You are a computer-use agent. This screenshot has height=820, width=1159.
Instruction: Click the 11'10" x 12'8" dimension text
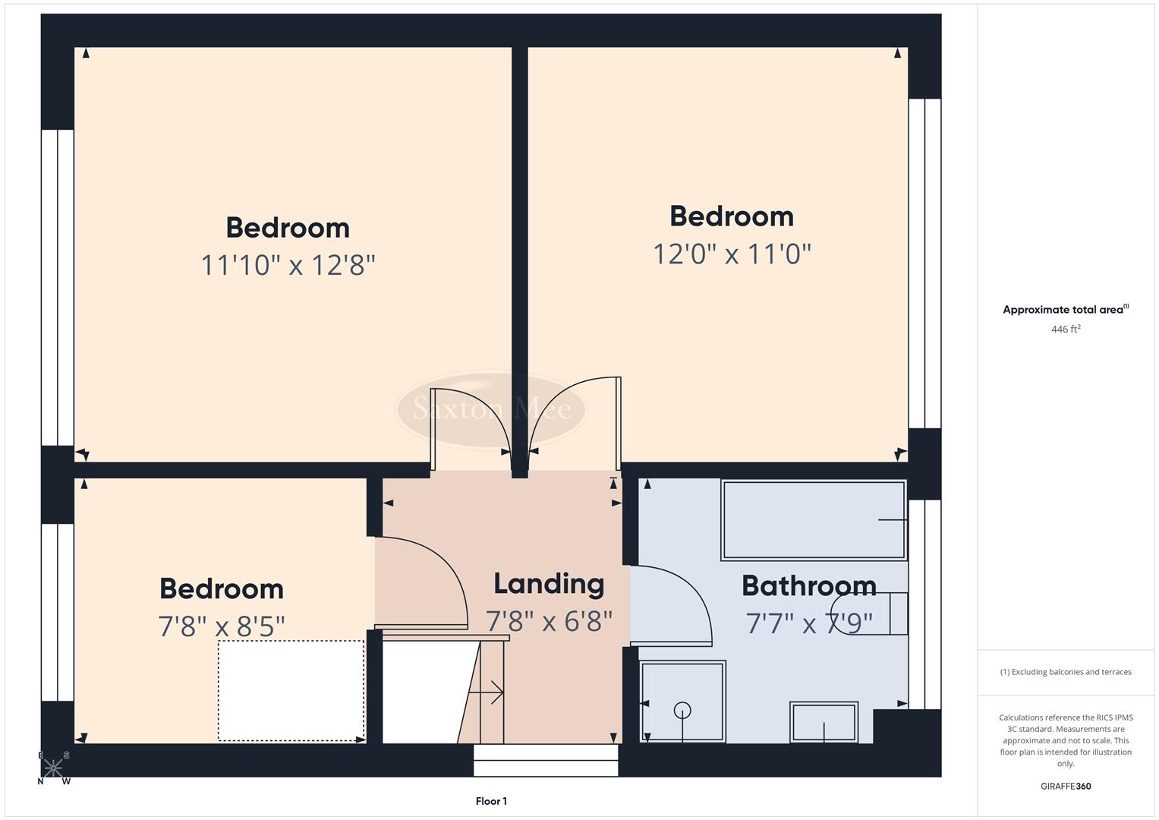point(288,266)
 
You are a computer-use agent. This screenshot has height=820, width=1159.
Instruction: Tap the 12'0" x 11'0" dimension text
point(732,254)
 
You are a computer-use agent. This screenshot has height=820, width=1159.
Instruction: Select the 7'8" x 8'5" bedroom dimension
point(222,626)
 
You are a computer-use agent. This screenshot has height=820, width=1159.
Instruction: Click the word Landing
point(549,584)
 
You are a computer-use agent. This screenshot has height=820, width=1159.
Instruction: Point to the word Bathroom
point(808,586)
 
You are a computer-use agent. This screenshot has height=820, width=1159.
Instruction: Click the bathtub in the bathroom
point(814,520)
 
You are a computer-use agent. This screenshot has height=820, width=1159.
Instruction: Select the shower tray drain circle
point(682,711)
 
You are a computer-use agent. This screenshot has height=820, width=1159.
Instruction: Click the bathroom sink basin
point(824,721)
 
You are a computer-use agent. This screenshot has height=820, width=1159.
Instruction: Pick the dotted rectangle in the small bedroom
point(291,690)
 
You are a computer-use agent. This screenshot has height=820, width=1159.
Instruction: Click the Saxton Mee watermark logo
point(491,409)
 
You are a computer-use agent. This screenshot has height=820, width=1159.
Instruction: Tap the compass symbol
point(53,768)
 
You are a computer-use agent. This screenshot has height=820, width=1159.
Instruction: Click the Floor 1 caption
point(491,801)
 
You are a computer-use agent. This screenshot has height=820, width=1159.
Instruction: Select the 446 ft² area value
point(1066,330)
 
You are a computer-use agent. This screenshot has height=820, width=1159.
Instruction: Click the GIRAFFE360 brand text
point(1066,787)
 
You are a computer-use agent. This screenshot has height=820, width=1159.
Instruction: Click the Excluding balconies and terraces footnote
point(1066,672)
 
